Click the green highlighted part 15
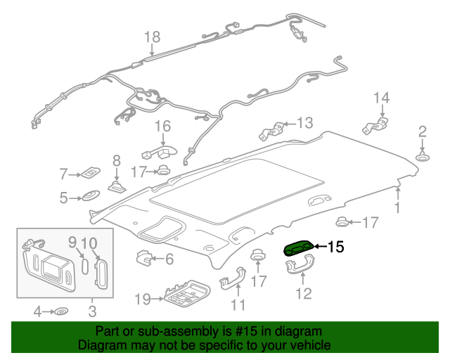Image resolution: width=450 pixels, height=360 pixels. pyautogui.click(x=298, y=247)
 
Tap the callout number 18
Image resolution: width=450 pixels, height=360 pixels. pyautogui.click(x=152, y=37)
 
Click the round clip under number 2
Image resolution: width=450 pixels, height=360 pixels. pyautogui.click(x=423, y=156)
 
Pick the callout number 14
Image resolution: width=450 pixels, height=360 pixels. pyautogui.click(x=380, y=98)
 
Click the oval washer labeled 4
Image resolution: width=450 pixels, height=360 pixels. pyautogui.click(x=61, y=310)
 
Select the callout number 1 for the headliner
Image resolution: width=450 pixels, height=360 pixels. pyautogui.click(x=397, y=207)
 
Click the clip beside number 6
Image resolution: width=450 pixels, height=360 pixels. pyautogui.click(x=144, y=258)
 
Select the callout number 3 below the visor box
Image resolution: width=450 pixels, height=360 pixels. pyautogui.click(x=92, y=310)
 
